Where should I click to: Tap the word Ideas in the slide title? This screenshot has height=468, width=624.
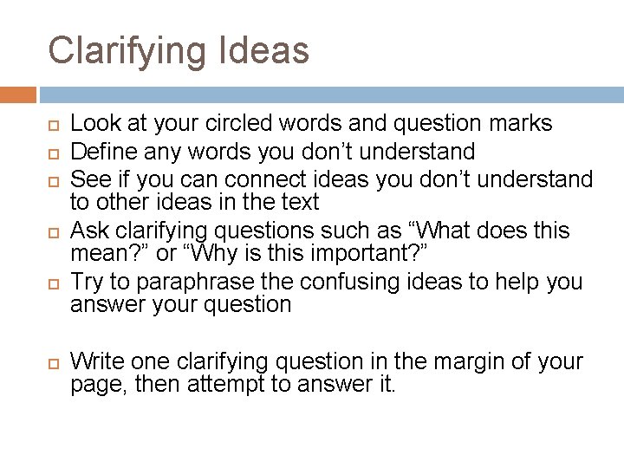coord(268,50)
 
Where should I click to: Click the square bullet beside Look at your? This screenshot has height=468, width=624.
coord(52,125)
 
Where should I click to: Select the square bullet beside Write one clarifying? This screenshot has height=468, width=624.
coord(52,361)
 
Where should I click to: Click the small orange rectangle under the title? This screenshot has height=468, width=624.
coord(17,94)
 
